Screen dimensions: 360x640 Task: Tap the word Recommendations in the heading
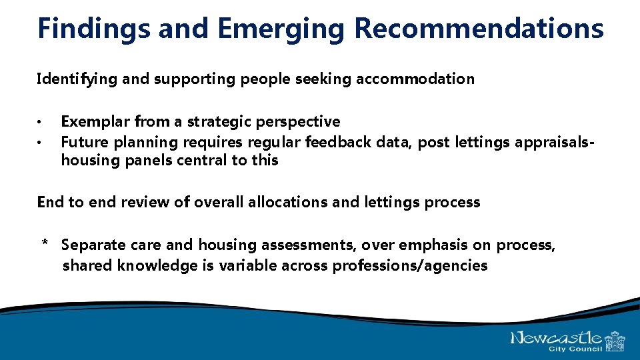(479, 29)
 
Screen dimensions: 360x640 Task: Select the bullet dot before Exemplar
(41, 123)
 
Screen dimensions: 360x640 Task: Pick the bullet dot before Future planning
(41, 142)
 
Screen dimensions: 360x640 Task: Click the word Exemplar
(95, 122)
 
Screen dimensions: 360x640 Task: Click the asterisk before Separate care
(45, 245)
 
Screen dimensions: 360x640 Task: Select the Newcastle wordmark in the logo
(556, 338)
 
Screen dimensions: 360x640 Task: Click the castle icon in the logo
(615, 341)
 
